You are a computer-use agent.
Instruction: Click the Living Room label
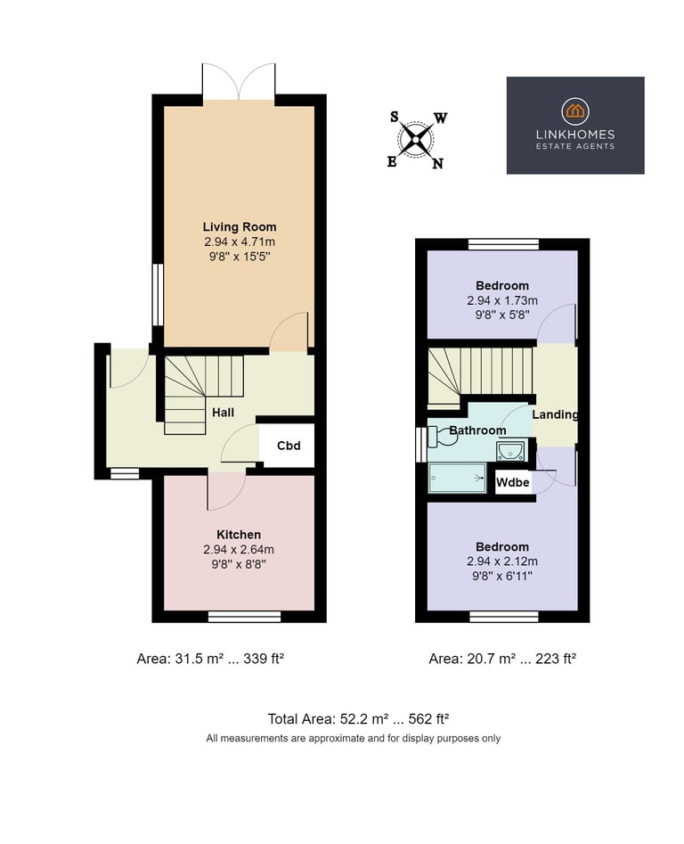[x=240, y=227]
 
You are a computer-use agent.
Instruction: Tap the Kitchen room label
[x=239, y=535]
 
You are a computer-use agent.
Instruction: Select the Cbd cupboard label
[x=289, y=446]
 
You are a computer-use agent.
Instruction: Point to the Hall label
[x=224, y=413]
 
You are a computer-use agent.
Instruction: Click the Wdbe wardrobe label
[x=512, y=482]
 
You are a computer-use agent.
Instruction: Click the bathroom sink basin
[x=510, y=451]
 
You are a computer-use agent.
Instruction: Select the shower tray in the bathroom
[x=457, y=478]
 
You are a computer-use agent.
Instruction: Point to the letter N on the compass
[x=437, y=164]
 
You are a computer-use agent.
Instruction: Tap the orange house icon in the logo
[x=575, y=111]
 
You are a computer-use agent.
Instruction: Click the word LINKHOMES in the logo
[x=575, y=135]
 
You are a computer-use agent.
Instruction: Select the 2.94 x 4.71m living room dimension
[x=240, y=242]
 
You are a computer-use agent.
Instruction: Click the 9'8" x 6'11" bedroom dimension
[x=502, y=576]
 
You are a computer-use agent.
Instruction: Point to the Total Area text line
[x=358, y=719]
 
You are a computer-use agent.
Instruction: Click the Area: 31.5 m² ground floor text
[x=210, y=659]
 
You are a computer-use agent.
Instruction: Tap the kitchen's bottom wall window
[x=244, y=617]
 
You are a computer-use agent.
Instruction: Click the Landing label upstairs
[x=555, y=414]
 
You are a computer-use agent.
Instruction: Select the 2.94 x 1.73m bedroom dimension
[x=502, y=300]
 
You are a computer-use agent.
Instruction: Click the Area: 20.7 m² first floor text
[x=502, y=659]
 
